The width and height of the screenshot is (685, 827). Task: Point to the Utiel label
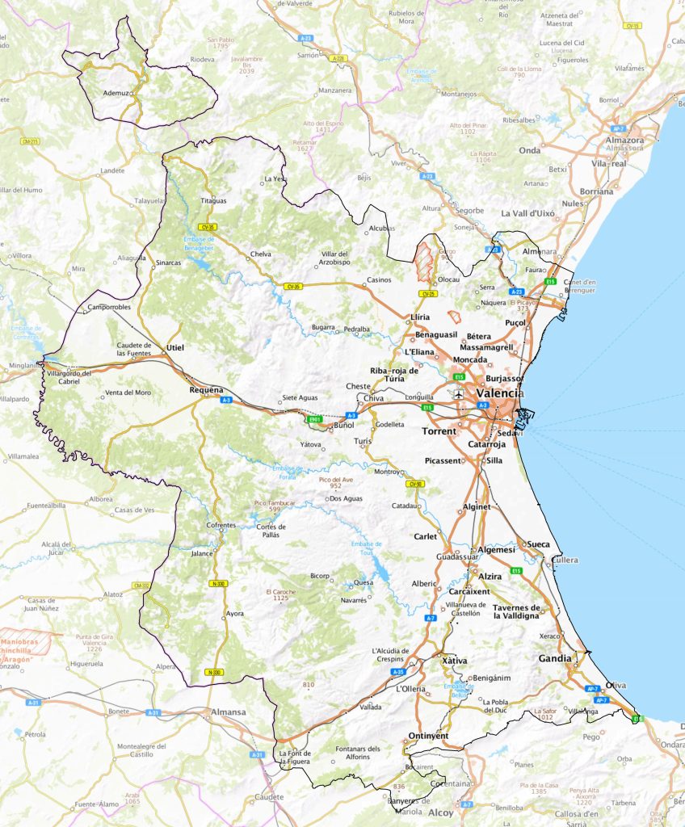click(175, 347)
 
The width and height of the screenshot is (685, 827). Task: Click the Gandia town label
click(555, 658)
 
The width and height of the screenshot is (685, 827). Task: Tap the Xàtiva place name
click(456, 661)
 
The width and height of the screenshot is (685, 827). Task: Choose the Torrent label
click(439, 431)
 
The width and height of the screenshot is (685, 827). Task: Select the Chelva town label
click(261, 254)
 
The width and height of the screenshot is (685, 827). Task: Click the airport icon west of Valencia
click(460, 394)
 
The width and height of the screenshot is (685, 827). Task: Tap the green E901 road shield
click(316, 420)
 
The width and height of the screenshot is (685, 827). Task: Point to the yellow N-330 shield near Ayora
click(218, 583)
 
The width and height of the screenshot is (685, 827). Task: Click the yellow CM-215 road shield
click(30, 141)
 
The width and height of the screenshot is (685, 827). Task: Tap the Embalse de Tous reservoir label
click(366, 547)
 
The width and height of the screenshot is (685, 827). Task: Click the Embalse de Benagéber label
click(199, 241)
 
